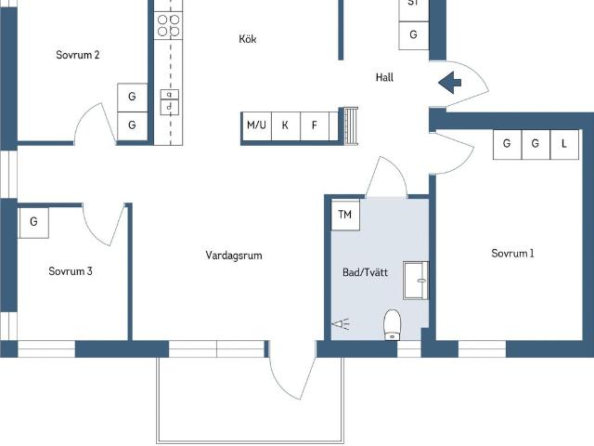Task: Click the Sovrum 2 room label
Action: pos(78,55)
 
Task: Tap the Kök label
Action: pos(248,39)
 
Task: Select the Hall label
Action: pos(384,77)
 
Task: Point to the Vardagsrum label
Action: pos(234,256)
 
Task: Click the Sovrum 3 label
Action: pos(71,271)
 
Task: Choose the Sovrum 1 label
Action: pos(512,254)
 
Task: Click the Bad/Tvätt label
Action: pos(365,272)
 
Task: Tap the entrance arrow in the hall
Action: pos(449,83)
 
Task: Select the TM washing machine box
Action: pos(345,215)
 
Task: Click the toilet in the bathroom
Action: pos(393,325)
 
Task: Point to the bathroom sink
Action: pos(416,281)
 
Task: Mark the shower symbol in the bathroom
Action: pos(341,324)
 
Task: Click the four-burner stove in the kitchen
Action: pos(168,25)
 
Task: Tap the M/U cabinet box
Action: pos(256,125)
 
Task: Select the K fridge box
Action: pos(286,125)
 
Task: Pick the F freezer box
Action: pos(315,125)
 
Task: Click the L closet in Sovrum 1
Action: pos(564,144)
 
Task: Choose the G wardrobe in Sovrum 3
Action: pos(33,223)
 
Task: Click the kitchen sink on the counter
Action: pos(169,101)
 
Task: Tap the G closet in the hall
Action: pos(414,35)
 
